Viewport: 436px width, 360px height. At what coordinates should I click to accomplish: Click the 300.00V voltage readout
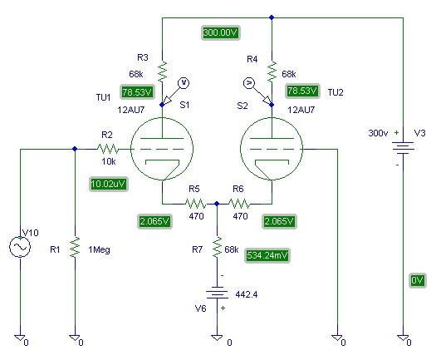(221, 33)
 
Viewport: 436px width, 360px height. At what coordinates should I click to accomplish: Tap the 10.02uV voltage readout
(109, 184)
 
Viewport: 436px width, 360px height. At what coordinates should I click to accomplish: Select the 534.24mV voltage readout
(267, 255)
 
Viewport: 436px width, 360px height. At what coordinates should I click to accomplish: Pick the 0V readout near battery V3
(418, 280)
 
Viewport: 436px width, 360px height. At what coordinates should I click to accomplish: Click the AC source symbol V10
(20, 247)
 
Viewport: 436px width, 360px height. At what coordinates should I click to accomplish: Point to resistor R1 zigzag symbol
(75, 248)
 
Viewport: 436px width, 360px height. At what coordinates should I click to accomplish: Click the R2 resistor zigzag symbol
(108, 149)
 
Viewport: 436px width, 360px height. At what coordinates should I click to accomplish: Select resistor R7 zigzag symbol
(217, 248)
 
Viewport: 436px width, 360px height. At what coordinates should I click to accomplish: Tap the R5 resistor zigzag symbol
(196, 204)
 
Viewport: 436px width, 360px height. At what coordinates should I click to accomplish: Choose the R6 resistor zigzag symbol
(239, 204)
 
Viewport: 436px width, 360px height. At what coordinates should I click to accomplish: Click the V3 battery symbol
(403, 148)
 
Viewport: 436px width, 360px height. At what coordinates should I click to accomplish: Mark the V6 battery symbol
(217, 293)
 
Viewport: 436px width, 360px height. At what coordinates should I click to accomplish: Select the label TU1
(104, 97)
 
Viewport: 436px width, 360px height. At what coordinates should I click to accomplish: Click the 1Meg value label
(100, 249)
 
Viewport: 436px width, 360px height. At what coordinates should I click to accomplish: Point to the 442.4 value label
(247, 294)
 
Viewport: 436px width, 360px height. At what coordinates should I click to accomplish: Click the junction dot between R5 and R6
(217, 204)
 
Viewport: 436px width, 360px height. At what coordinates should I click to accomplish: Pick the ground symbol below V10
(20, 338)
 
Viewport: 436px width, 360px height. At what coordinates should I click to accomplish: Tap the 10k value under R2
(109, 161)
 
